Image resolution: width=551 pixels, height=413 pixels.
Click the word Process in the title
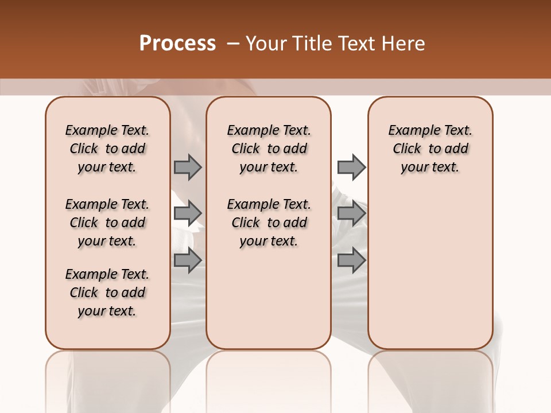177,44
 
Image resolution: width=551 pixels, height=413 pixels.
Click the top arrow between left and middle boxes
188,167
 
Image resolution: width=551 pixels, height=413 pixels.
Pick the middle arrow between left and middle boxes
188,213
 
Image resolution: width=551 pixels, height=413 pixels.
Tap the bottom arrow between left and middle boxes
188,260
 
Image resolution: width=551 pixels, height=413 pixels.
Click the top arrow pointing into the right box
351,167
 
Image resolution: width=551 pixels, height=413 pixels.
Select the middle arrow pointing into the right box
351,213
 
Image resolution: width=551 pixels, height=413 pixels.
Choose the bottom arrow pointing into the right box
351,260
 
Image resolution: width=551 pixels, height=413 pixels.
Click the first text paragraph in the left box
107,149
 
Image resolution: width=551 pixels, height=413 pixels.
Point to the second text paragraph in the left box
107,223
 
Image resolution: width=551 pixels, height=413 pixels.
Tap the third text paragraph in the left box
107,293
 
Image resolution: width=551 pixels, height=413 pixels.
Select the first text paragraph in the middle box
269,149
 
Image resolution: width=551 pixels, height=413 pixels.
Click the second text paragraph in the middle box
269,223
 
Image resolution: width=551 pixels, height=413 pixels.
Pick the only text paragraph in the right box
430,149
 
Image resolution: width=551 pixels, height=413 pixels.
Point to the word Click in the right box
407,149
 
